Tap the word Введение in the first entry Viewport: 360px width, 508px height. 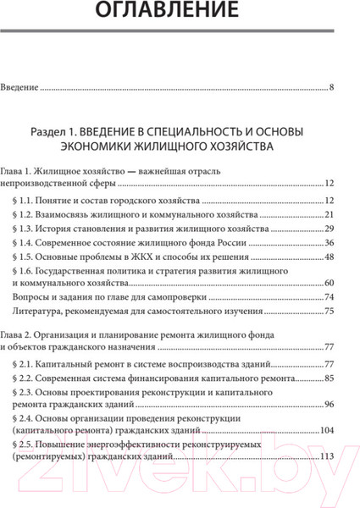(x=21, y=88)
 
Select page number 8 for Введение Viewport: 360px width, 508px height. (x=332, y=88)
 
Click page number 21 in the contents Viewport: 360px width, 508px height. (x=330, y=216)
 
